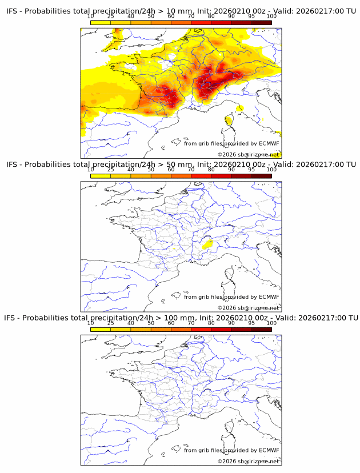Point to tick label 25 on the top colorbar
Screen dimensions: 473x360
click(110, 17)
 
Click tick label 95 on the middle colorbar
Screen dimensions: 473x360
click(251, 170)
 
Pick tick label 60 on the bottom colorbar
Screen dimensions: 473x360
click(171, 323)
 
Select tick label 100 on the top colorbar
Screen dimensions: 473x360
click(271, 17)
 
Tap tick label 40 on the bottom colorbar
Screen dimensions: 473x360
click(131, 323)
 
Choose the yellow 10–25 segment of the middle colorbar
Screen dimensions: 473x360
click(101, 175)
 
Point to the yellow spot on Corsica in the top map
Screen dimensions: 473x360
click(229, 120)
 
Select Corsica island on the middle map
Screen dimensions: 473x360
click(230, 279)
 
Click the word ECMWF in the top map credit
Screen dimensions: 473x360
click(269, 143)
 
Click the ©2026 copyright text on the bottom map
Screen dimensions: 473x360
click(227, 461)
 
